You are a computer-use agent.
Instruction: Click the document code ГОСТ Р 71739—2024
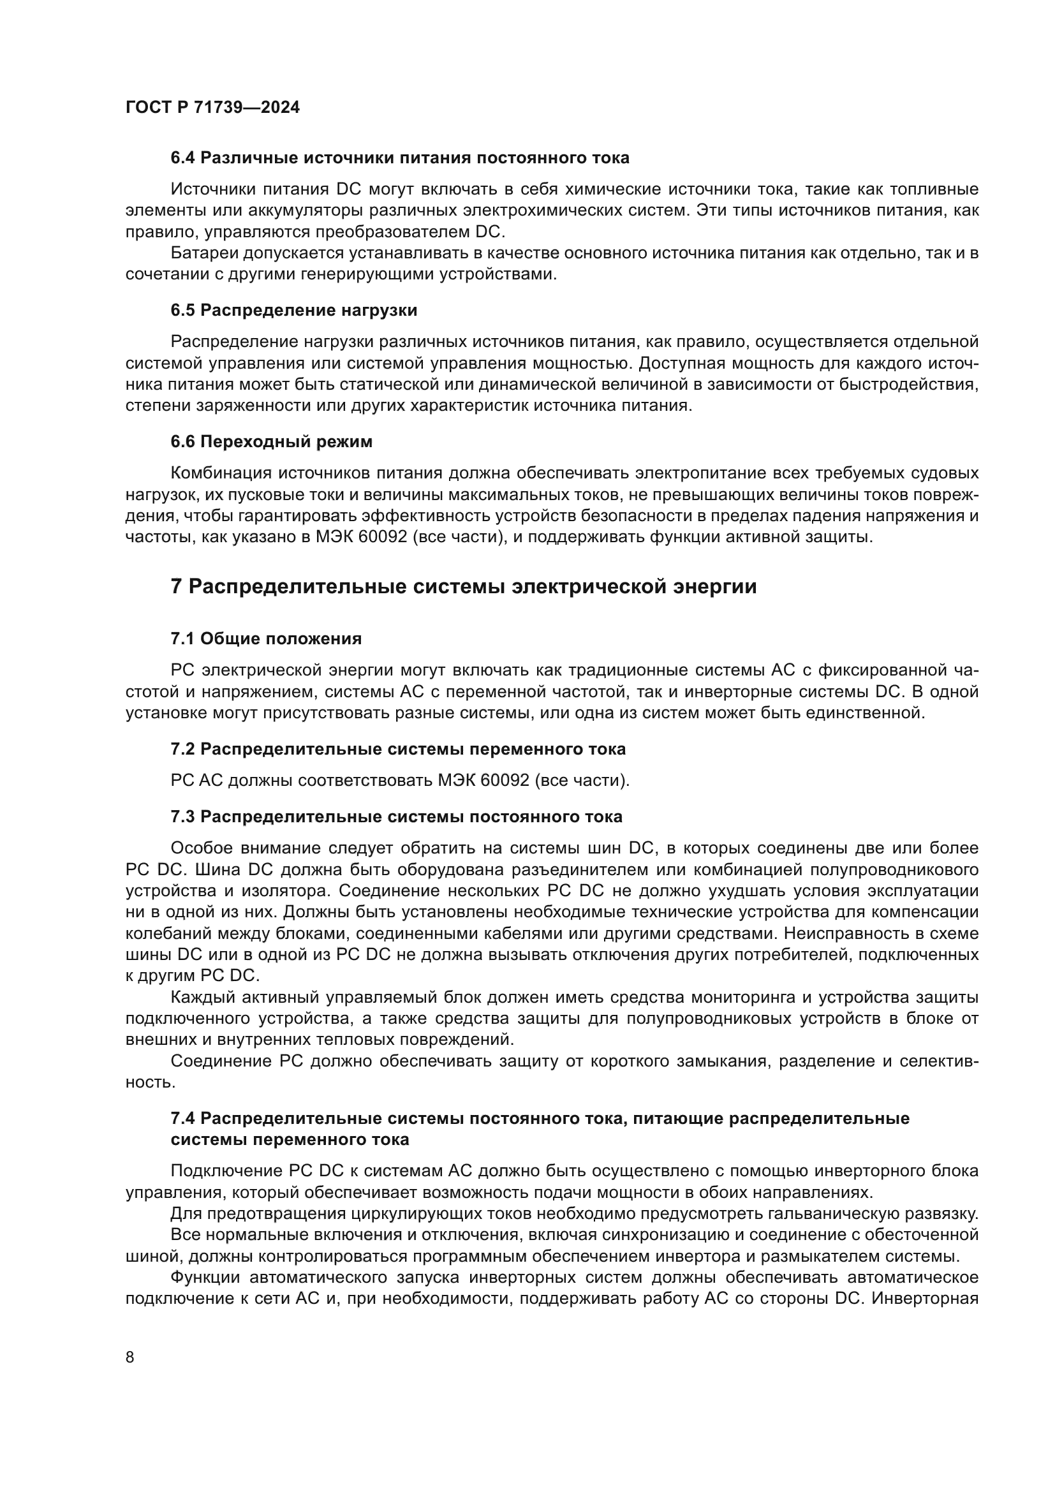click(212, 108)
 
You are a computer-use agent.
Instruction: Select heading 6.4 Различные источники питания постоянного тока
click(399, 158)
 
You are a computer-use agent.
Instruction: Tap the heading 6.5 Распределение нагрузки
click(293, 311)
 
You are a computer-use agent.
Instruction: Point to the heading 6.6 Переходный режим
click(272, 442)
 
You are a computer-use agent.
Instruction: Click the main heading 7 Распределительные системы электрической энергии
click(463, 587)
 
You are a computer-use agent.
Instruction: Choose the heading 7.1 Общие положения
click(266, 639)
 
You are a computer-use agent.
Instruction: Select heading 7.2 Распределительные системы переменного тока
click(397, 750)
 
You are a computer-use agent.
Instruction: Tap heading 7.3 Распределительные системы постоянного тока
click(396, 817)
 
